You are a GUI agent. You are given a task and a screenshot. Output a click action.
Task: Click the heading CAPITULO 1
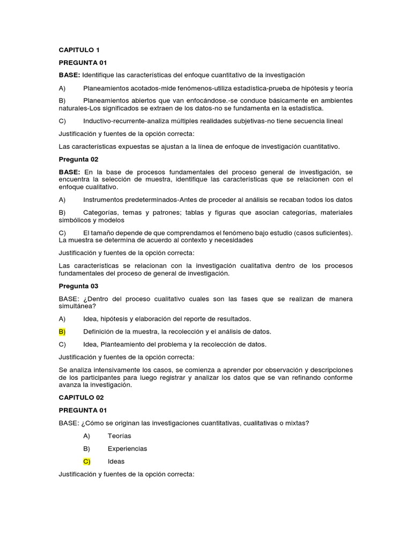pos(79,50)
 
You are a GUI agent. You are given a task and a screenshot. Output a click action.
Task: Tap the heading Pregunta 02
pos(78,160)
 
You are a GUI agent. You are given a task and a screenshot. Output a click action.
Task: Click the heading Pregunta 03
pos(78,286)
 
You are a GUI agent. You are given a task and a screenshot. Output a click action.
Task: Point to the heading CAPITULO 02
pos(81,397)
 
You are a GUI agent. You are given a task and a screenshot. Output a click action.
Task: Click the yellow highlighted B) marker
pos(62,331)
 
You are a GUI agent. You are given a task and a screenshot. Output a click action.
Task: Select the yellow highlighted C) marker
pos(87,461)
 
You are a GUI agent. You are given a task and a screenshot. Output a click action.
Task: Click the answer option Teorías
pos(119,436)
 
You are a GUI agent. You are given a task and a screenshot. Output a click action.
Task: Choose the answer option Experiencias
pos(127,448)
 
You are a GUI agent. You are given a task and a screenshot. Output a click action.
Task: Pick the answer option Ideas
pos(116,461)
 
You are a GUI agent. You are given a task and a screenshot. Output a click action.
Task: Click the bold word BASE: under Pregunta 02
pos(69,172)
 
